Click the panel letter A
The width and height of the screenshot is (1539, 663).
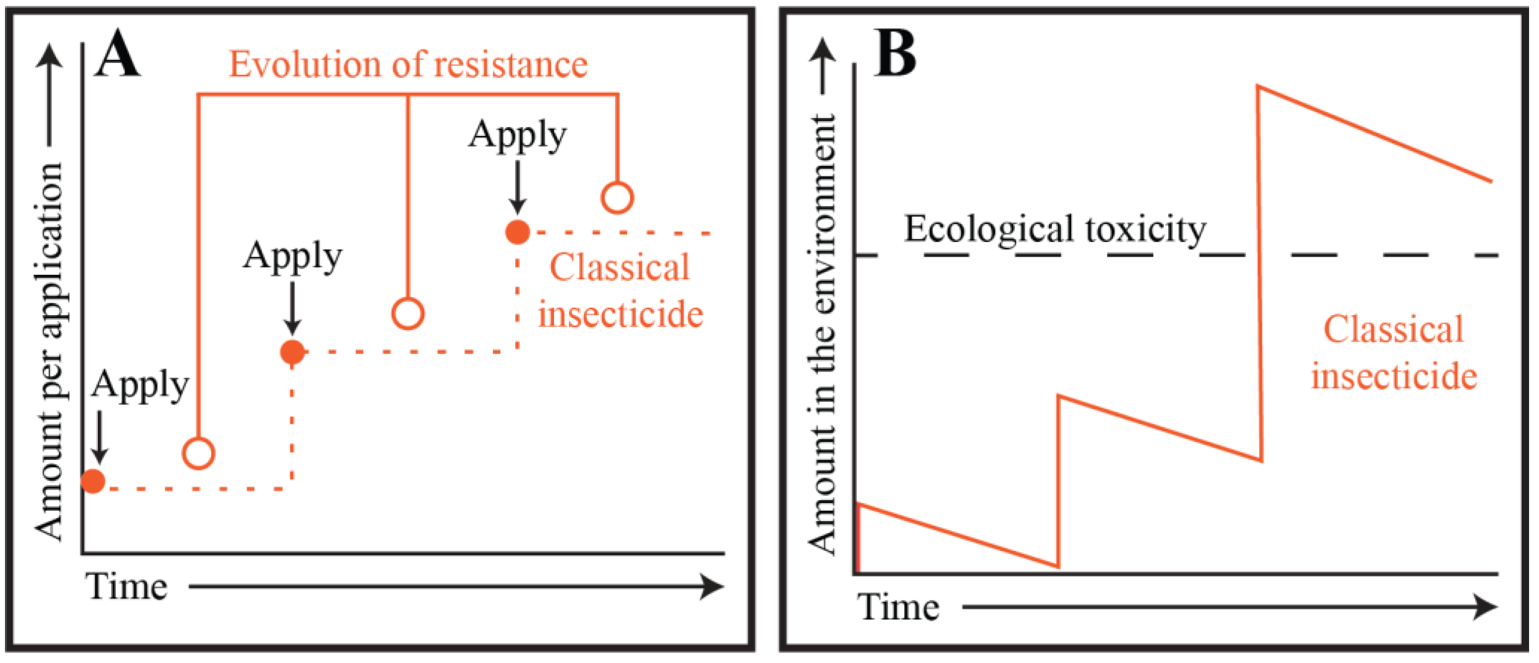tap(118, 55)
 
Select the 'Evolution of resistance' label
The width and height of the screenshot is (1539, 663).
tap(408, 64)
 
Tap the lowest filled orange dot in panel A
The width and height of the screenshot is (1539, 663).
tap(93, 481)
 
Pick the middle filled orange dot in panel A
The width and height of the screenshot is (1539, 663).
tap(292, 352)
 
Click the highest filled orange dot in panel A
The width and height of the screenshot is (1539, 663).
tap(517, 232)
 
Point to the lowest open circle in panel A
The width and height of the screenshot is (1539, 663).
tap(199, 454)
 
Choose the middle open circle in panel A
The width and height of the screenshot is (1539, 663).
tap(408, 314)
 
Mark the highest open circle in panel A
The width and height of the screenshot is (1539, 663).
tap(617, 198)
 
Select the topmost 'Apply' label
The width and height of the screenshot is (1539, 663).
tap(517, 134)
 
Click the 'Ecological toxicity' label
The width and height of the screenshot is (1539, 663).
tap(1055, 228)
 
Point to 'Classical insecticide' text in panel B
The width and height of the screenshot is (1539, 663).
tap(1394, 352)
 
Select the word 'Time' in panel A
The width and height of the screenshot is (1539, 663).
tap(126, 587)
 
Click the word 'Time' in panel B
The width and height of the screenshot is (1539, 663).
tap(898, 607)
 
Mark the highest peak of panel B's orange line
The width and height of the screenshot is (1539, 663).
tap(1259, 87)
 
